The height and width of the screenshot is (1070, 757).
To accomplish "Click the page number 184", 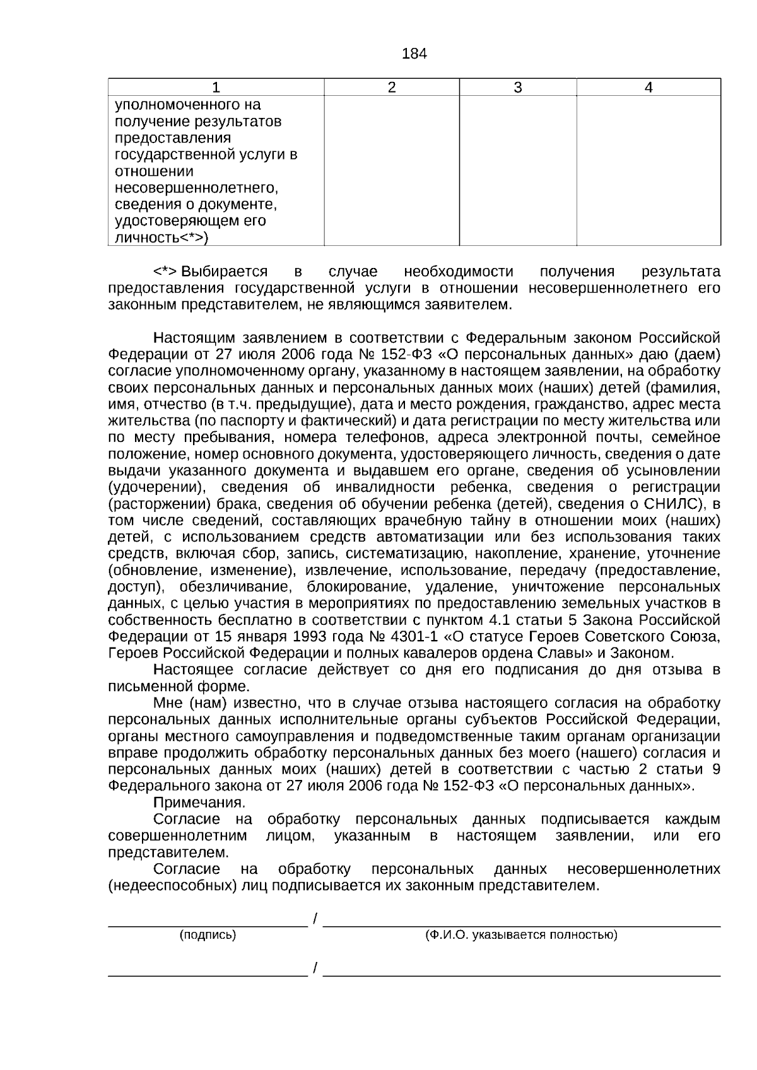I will coord(414,54).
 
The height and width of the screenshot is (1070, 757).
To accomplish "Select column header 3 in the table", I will coord(518,88).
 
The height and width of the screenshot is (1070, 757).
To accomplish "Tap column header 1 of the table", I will coord(216,88).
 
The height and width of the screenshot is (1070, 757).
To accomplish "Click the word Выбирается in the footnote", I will coord(225,272).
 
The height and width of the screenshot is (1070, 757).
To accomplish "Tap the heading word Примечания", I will coord(199,803).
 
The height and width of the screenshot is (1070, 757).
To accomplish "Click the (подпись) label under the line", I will coord(208,935).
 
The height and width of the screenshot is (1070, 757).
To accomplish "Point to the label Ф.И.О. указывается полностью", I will coord(521,935).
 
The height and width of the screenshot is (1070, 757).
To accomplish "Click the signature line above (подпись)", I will coord(208,925).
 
